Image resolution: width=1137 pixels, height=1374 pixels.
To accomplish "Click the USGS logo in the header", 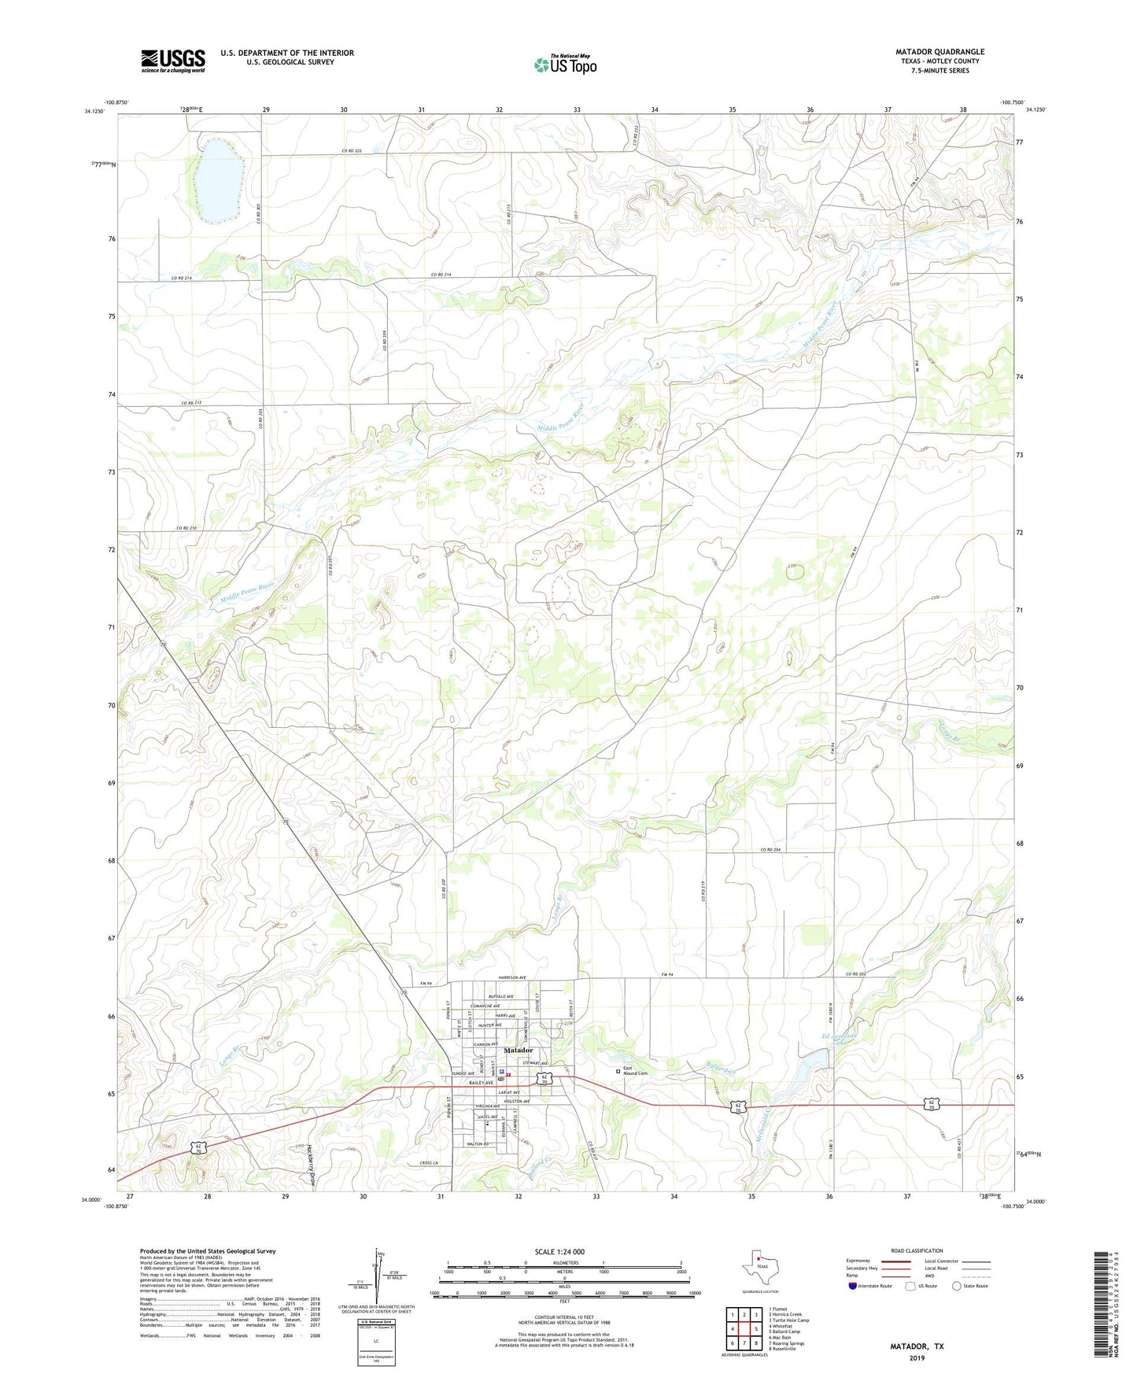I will (x=173, y=61).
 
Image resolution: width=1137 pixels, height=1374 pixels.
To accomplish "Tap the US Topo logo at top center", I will (x=566, y=65).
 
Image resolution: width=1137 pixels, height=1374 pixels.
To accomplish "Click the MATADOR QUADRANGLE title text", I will (x=940, y=52).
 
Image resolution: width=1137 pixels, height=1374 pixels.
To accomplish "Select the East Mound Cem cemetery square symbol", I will (x=618, y=1070).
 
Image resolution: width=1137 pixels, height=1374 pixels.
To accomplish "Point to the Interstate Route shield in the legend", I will (x=852, y=1286).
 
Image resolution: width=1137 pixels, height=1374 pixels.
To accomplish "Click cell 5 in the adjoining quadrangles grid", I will (x=755, y=1329).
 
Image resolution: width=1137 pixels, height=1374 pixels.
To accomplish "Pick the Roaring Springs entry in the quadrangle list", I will (x=786, y=1343).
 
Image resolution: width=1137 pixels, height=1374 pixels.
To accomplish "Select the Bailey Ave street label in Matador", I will (x=480, y=1083).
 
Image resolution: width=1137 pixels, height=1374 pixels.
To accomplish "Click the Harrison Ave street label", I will (x=512, y=978).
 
